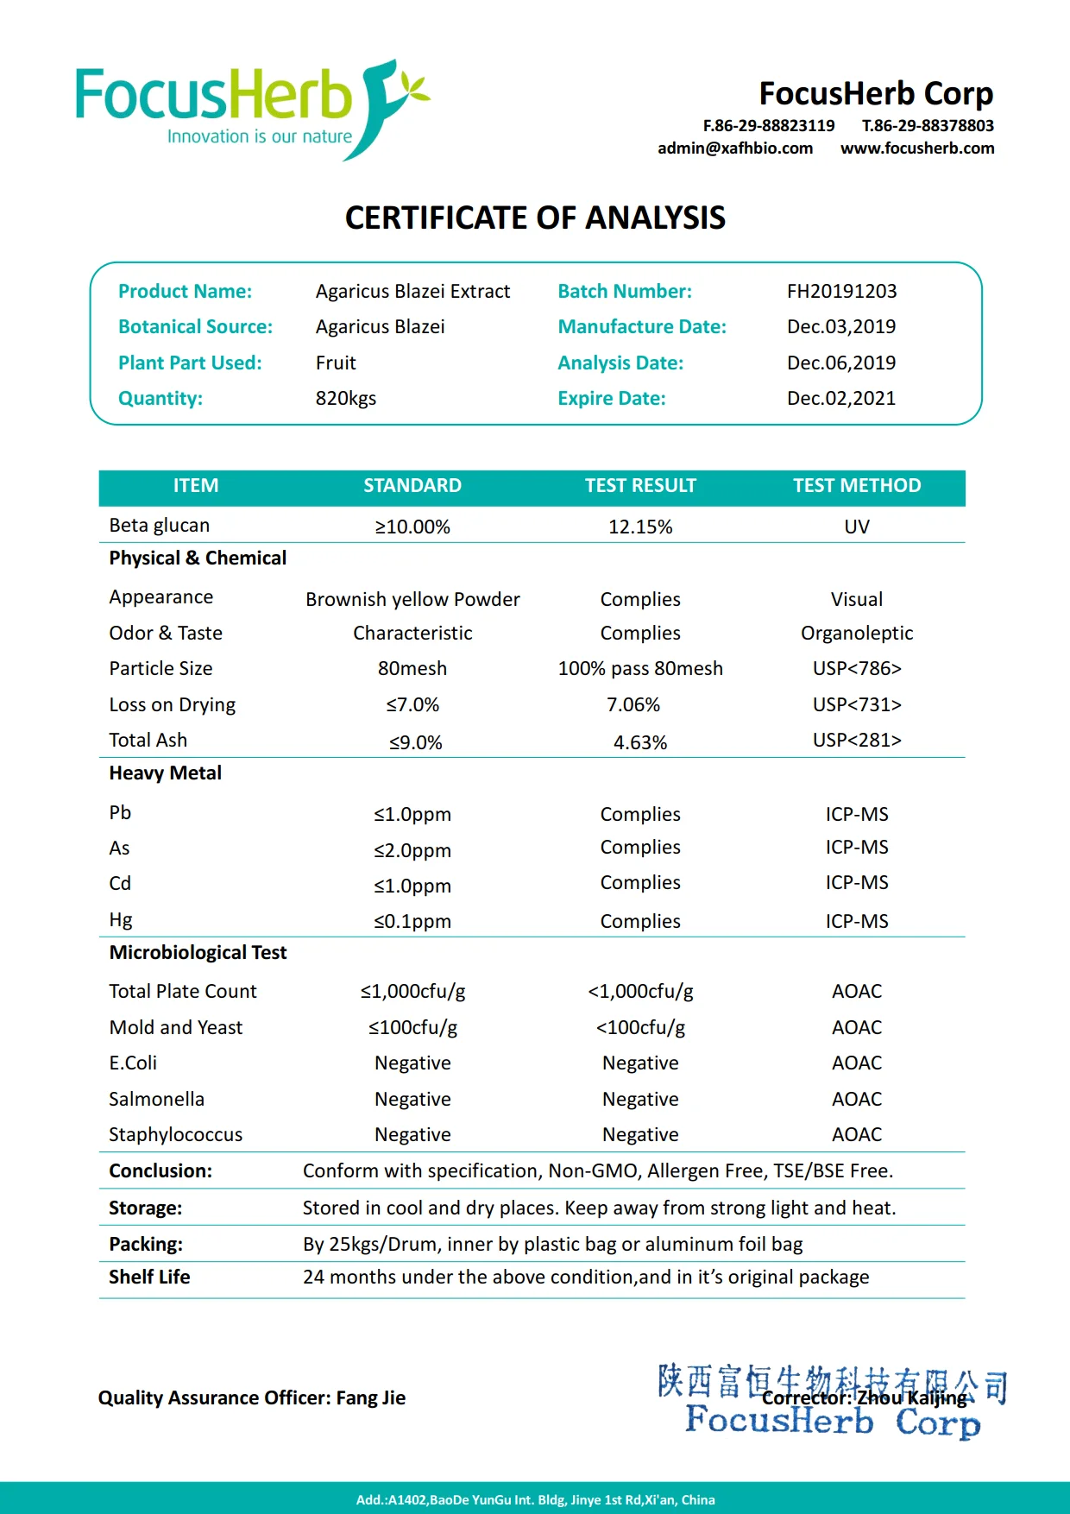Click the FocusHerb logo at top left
tap(250, 109)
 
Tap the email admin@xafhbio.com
tap(735, 148)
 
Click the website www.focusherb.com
tap(917, 148)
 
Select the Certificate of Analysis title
tap(535, 218)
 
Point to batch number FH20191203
tap(841, 292)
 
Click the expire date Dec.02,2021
tap(841, 399)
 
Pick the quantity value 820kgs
tap(346, 399)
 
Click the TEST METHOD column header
tap(857, 486)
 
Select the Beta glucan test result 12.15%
tap(640, 527)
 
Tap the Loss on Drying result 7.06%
tap(633, 705)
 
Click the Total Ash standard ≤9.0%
tap(415, 742)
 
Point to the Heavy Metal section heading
tap(166, 773)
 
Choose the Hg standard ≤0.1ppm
tap(412, 922)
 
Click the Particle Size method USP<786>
tap(857, 669)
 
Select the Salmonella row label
tap(157, 1100)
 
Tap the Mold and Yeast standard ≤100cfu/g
tap(412, 1028)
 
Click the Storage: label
tap(146, 1208)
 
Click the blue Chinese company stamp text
tap(832, 1380)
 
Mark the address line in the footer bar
tap(535, 1500)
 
